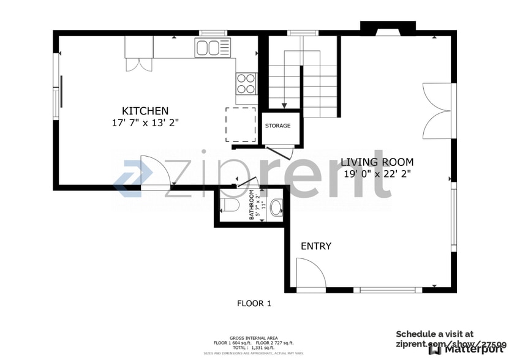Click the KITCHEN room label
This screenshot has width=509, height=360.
tap(145, 111)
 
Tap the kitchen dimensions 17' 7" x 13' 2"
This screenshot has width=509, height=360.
tap(145, 122)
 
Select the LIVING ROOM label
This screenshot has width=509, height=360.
tap(377, 162)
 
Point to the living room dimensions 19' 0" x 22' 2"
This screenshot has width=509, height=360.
tap(377, 173)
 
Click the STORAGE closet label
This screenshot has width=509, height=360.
tap(277, 126)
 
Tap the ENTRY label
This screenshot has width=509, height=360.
tap(316, 246)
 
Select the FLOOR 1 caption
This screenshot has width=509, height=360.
tap(254, 303)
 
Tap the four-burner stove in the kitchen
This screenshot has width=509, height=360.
tap(246, 83)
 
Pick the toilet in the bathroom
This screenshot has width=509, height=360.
tap(227, 205)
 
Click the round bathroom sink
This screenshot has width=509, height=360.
tap(276, 206)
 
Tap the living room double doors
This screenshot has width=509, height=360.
tap(437, 111)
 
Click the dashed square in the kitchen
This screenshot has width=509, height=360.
tap(241, 124)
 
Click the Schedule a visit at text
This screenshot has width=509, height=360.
tap(434, 334)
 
